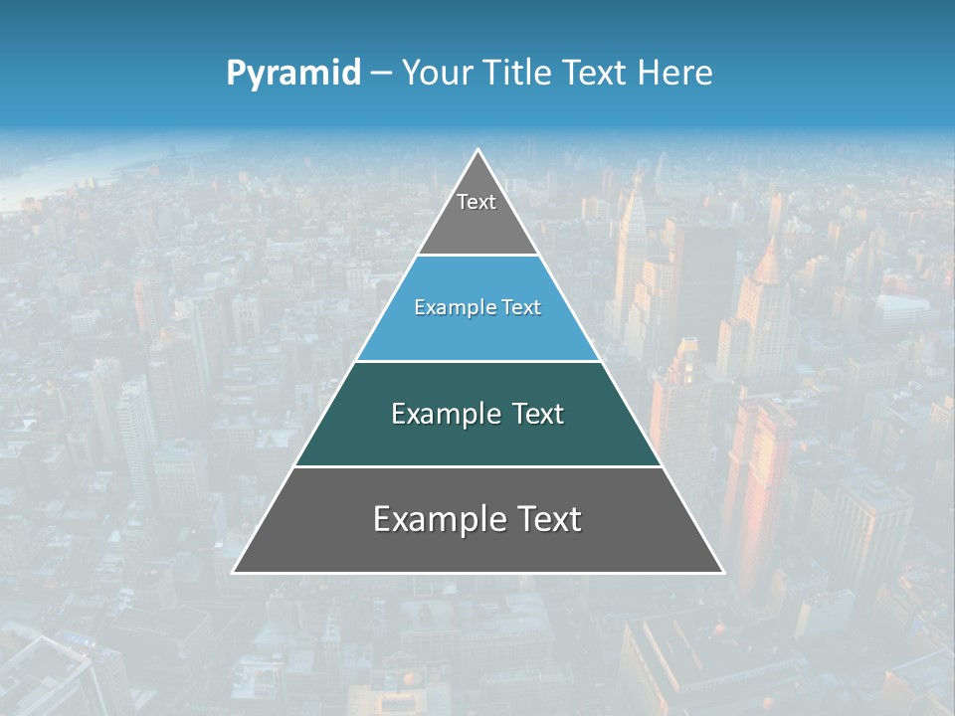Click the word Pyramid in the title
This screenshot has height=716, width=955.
[x=292, y=74]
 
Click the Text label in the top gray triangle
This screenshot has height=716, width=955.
[x=477, y=203]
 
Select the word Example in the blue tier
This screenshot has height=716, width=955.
[x=449, y=308]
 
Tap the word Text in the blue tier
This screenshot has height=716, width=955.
[x=521, y=308]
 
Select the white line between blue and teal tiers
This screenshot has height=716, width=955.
[x=477, y=361]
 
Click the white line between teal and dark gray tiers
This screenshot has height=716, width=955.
[x=477, y=466]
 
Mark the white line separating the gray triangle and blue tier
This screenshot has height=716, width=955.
[x=477, y=256]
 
